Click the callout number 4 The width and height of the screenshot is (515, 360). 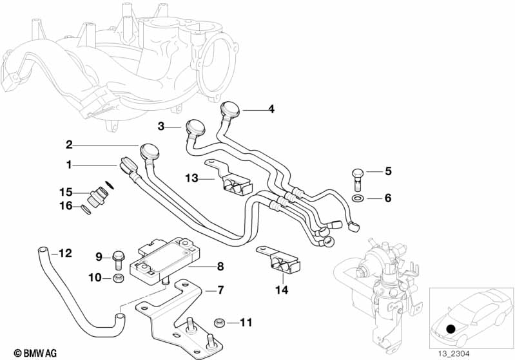point(271,109)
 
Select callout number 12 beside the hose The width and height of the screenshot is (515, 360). point(65,253)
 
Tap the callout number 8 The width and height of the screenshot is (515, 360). point(220,266)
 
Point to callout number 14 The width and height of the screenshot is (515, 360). point(282,290)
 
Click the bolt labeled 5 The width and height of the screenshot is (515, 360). point(357,179)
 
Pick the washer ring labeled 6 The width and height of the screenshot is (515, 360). point(358,198)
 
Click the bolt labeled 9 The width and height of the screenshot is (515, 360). point(117,260)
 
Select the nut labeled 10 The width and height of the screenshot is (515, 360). point(117,278)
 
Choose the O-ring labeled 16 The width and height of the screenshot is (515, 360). point(86,209)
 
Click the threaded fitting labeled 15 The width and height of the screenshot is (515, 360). point(97,196)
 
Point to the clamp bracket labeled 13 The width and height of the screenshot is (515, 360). point(229,178)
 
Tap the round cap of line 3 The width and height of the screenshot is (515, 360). point(195,127)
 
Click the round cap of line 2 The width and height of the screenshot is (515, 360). point(150,151)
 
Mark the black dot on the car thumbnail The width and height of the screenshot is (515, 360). point(451,328)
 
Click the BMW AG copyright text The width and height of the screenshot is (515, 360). point(35,353)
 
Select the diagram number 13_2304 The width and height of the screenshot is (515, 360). point(453,354)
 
